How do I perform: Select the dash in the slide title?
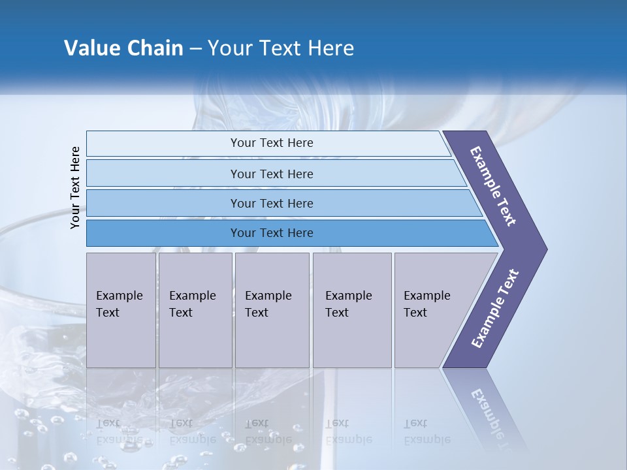195,49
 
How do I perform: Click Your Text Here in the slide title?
281,48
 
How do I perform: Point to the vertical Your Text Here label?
75,188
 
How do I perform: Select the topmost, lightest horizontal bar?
271,143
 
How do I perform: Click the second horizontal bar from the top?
271,174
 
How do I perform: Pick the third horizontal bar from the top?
271,203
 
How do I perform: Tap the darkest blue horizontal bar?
271,233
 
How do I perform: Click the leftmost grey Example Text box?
121,310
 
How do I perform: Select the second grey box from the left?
195,310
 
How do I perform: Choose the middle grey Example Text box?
272,310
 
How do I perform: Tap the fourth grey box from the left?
351,310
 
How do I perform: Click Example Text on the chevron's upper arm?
493,186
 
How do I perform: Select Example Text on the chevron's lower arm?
495,309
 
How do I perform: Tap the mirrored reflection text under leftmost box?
120,431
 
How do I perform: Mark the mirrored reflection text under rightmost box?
426,431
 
